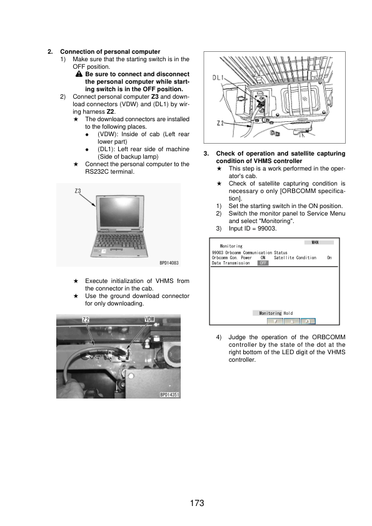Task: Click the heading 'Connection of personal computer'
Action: coord(110,51)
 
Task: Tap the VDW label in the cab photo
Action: coord(150,320)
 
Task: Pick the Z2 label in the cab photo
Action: coord(86,320)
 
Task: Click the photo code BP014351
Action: coord(169,395)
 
